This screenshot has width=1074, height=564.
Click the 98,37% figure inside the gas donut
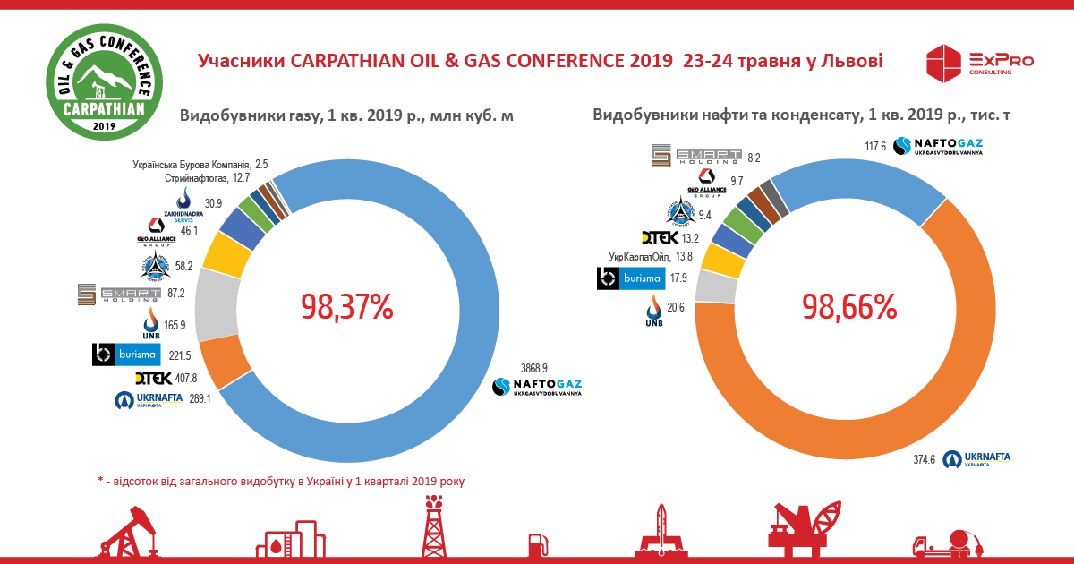tap(347, 307)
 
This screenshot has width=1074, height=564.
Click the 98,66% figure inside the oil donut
tap(849, 307)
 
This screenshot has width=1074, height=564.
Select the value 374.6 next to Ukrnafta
tap(925, 460)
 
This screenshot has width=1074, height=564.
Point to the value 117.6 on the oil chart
tap(874, 146)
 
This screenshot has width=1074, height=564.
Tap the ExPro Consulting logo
tap(980, 64)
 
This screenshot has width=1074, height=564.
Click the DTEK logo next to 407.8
tap(152, 378)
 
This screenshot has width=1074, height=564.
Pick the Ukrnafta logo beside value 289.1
tap(148, 400)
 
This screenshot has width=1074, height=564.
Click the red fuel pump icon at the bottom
tap(537, 543)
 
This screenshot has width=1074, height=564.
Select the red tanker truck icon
tap(949, 543)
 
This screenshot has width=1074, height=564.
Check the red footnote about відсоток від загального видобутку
tap(281, 481)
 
